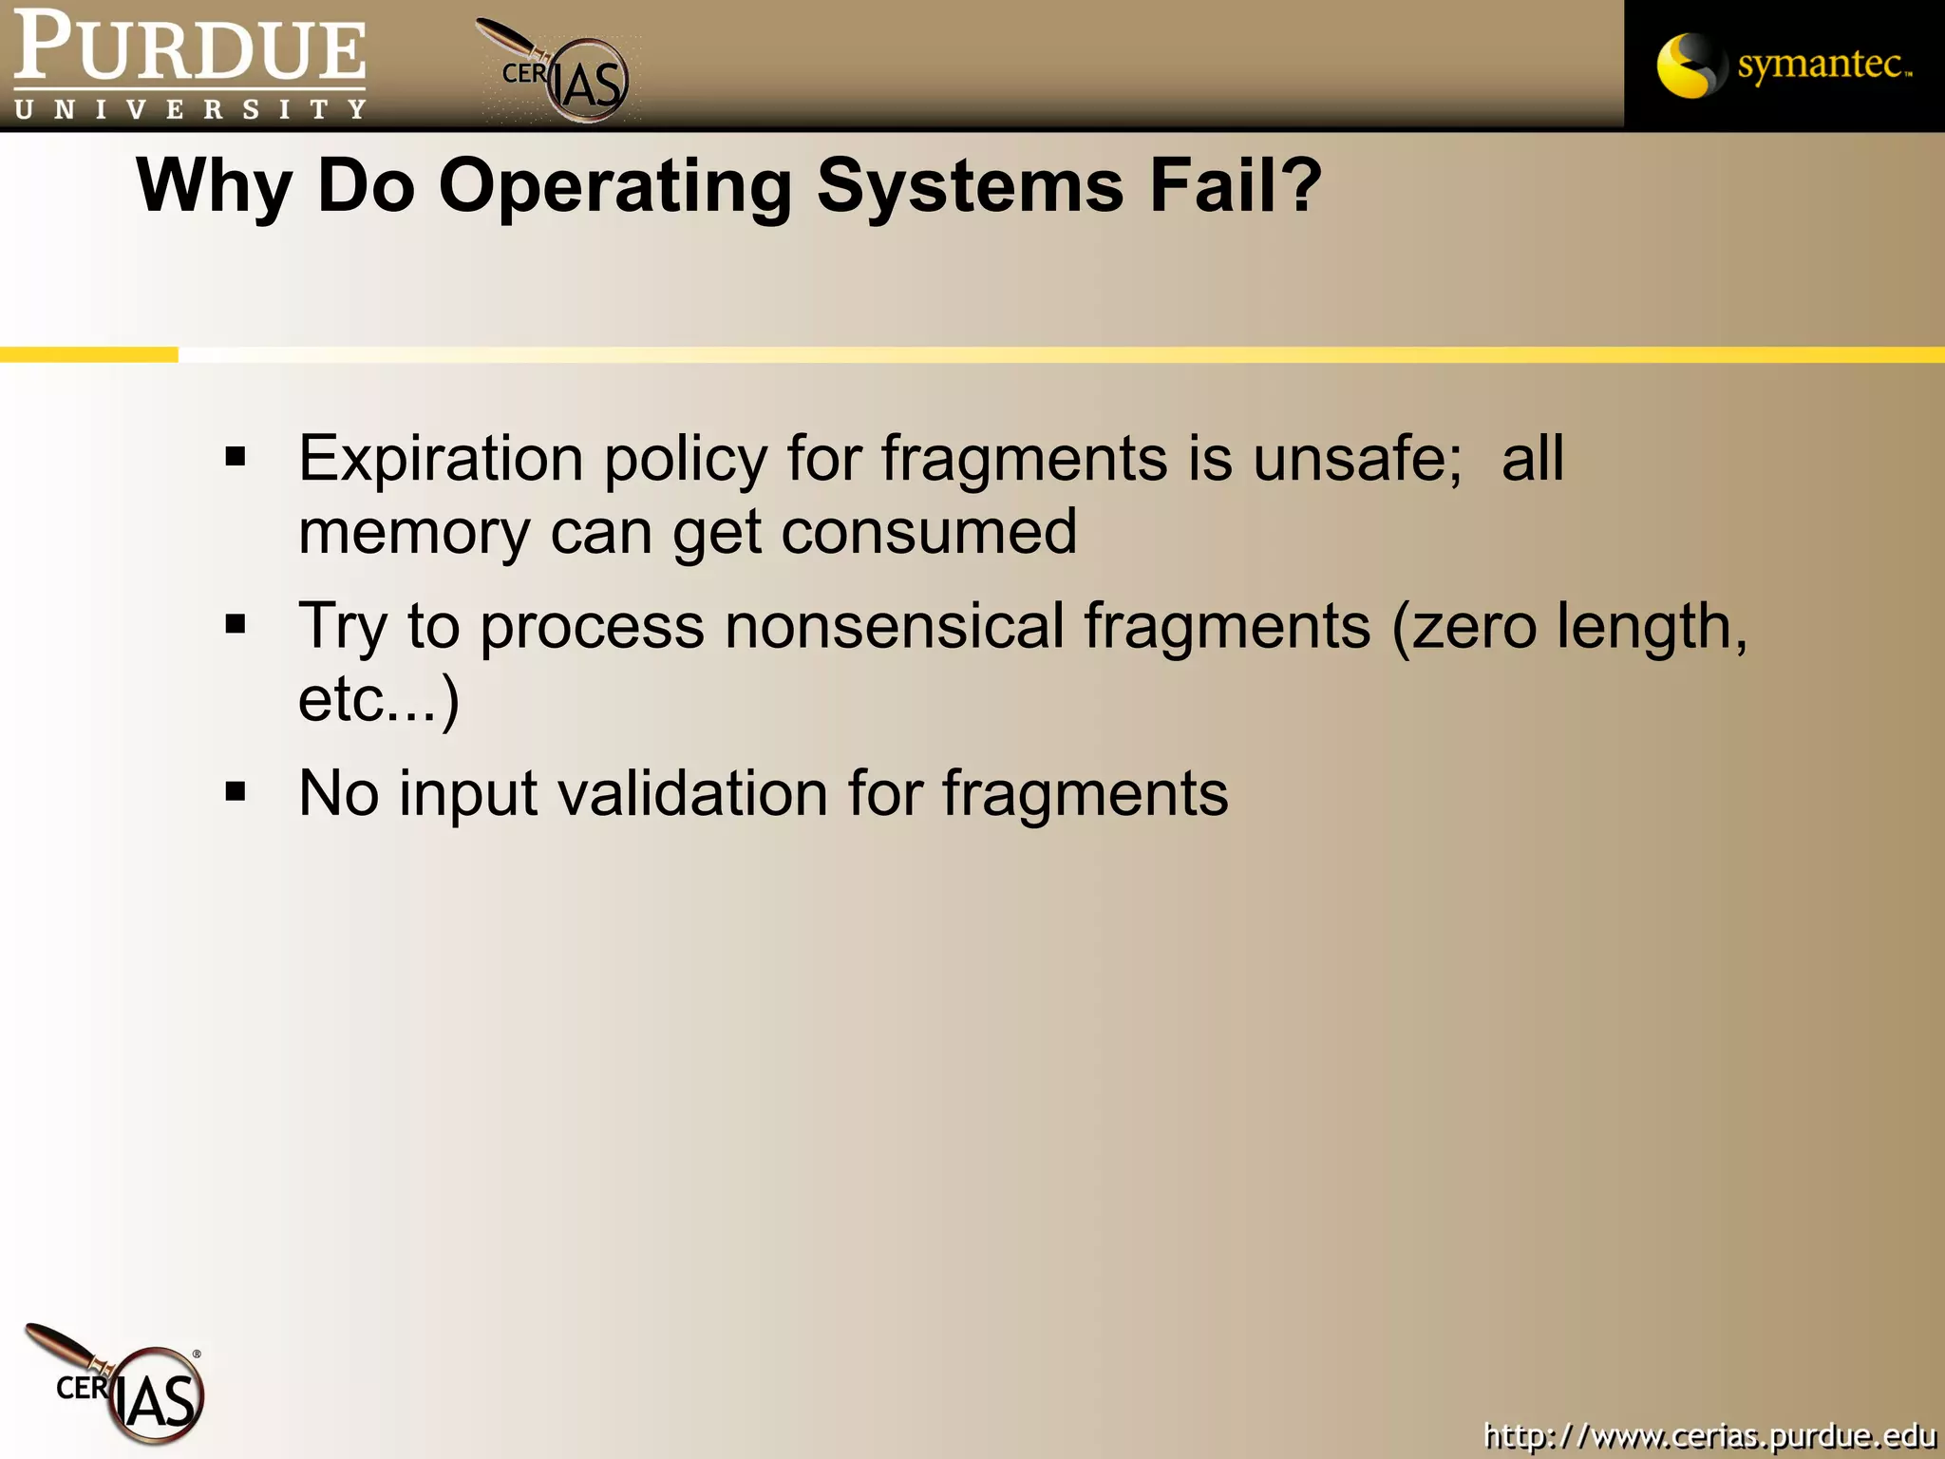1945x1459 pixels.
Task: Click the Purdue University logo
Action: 188,65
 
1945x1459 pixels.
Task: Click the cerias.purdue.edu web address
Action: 1709,1434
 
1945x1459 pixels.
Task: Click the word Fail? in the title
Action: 1235,185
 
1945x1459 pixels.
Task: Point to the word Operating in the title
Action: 614,187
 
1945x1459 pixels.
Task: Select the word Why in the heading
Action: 215,187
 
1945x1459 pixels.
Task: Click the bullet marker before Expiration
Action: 236,458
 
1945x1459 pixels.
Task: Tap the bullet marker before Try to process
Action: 236,625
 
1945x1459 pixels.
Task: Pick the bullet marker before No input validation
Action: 236,792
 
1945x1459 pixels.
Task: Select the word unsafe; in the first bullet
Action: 1357,460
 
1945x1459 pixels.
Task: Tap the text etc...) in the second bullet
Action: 378,700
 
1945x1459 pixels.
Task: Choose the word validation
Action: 691,794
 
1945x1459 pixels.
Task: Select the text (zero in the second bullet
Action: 1463,627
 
